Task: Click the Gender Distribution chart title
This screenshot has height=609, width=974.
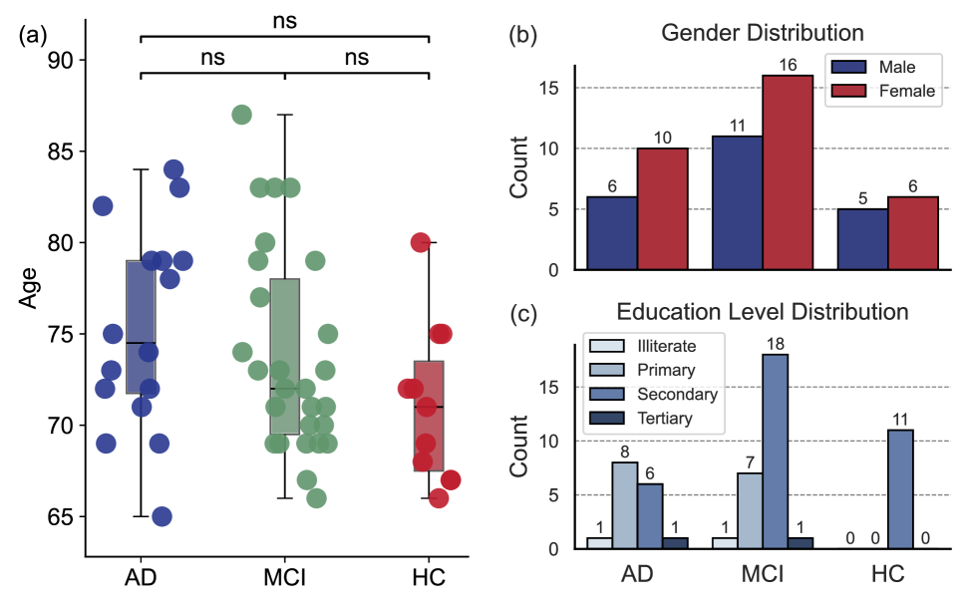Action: coord(763,33)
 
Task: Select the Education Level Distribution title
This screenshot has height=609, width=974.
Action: coord(763,311)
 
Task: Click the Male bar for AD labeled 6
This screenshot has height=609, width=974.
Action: coord(611,233)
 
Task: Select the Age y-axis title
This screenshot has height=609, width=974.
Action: coord(28,288)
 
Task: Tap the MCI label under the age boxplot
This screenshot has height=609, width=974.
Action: coord(284,578)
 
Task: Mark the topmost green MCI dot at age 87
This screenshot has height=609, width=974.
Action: coord(241,115)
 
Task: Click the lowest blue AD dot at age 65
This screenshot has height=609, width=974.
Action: coord(162,516)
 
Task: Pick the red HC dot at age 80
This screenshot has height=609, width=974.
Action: coord(421,242)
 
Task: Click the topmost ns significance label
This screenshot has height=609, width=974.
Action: coord(284,18)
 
